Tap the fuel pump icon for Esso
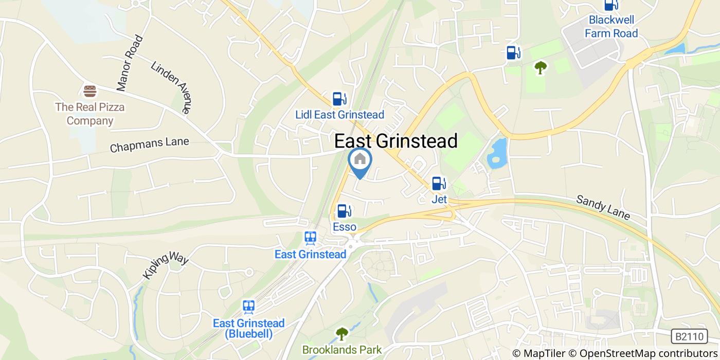tap(344, 211)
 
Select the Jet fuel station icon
tap(439, 183)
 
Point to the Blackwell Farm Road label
tap(612, 27)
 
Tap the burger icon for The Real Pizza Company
tap(91, 92)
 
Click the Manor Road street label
tap(129, 63)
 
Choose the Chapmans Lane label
tap(150, 145)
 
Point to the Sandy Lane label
tap(603, 207)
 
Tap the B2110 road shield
tap(689, 337)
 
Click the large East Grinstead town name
tap(396, 140)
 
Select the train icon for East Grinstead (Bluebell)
tap(249, 307)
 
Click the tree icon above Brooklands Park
tap(341, 334)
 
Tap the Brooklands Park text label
tap(341, 350)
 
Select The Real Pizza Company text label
tap(90, 114)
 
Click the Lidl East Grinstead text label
tap(339, 115)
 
